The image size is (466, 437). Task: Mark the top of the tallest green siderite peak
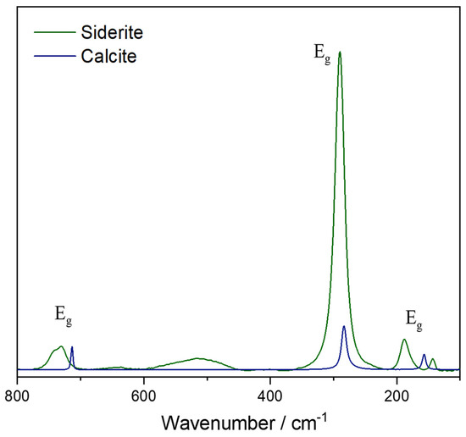pyautogui.click(x=340, y=52)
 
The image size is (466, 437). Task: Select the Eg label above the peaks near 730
pyautogui.click(x=64, y=315)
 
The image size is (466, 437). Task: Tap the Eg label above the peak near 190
pyautogui.click(x=413, y=320)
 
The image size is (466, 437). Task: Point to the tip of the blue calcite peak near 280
pyautogui.click(x=344, y=326)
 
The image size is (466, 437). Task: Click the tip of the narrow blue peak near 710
pyautogui.click(x=72, y=346)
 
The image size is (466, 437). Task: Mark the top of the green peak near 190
pyautogui.click(x=405, y=340)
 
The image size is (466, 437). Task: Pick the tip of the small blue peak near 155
pyautogui.click(x=424, y=355)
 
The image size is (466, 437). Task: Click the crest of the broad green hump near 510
pyautogui.click(x=197, y=358)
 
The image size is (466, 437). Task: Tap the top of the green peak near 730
pyautogui.click(x=61, y=346)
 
